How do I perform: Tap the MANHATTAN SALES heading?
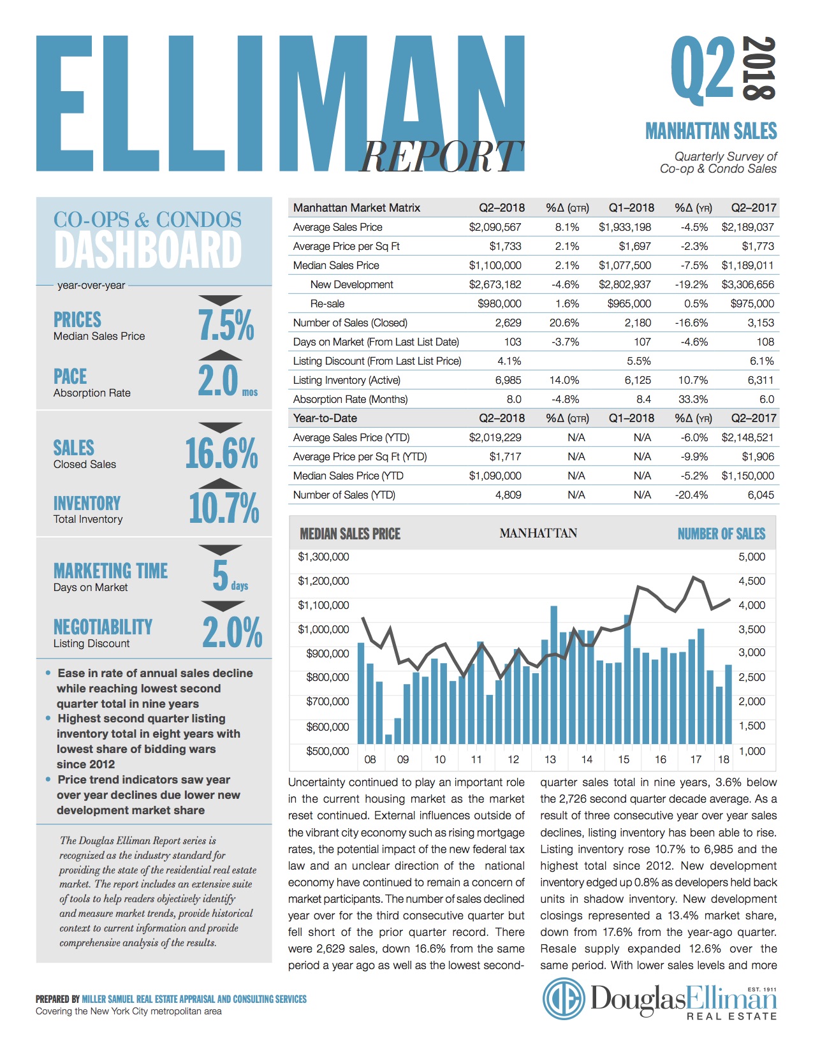(711, 131)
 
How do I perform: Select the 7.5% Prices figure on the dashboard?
(226, 325)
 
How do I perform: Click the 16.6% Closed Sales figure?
(221, 453)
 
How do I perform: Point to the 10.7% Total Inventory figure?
(224, 508)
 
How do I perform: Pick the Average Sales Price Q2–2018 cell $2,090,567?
(495, 227)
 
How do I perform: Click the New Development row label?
(351, 284)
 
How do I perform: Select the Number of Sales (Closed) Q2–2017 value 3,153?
(760, 323)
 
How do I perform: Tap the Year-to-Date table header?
(325, 418)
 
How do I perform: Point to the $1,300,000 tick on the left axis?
(323, 557)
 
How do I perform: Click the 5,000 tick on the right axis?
(752, 557)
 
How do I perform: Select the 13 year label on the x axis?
(550, 759)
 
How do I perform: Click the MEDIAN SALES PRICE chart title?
(350, 534)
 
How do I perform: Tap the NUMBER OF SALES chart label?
(721, 534)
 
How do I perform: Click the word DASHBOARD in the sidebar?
(148, 250)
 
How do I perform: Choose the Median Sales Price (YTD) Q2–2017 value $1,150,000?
(747, 476)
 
